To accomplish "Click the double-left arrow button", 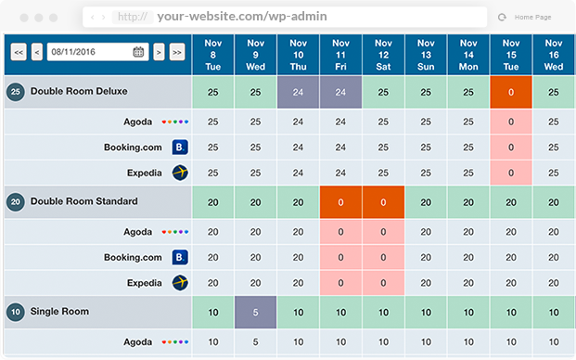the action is tap(19, 52).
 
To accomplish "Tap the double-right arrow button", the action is tap(177, 52).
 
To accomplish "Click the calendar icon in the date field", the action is tap(138, 52).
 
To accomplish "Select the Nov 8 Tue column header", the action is tap(213, 55).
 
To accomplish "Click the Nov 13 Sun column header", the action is tap(426, 55).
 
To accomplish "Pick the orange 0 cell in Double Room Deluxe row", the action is tap(511, 92).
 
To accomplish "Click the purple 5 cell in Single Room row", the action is tap(255, 313).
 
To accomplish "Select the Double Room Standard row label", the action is tap(84, 201).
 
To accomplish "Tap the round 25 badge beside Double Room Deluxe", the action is tap(16, 92).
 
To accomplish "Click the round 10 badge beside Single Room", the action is tap(16, 312).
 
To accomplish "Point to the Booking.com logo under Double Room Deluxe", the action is tap(180, 147).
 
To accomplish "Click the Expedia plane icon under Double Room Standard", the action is tap(180, 283).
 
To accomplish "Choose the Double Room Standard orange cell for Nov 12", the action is tap(383, 202).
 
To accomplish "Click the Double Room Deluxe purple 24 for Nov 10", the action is tap(298, 92).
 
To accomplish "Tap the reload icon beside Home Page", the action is tap(502, 18).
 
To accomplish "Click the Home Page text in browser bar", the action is tap(532, 18).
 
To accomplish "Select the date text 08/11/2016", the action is tap(73, 52).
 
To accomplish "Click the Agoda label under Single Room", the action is tap(138, 342).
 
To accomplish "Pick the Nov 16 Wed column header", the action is tap(554, 55).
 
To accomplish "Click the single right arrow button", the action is tap(159, 52).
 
